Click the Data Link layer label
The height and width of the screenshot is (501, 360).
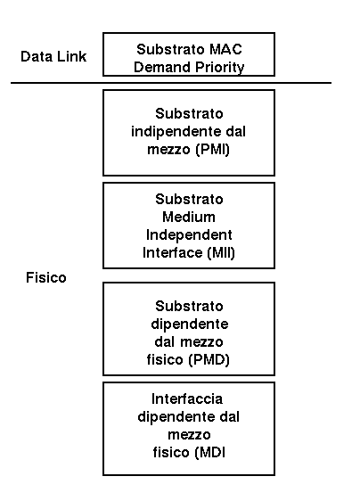[x=53, y=56]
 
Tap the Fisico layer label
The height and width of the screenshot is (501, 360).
[x=46, y=277]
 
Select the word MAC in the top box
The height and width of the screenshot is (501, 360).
[x=225, y=49]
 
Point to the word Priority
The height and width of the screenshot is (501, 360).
[x=220, y=68]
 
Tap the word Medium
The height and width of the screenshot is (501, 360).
[x=189, y=217]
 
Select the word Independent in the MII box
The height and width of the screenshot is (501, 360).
[x=189, y=234]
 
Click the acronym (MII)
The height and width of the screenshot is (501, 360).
[x=221, y=253]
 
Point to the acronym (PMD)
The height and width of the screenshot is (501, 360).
[x=209, y=360]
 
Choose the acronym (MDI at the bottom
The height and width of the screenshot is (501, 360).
[x=210, y=453]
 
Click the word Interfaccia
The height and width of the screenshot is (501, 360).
[x=187, y=398]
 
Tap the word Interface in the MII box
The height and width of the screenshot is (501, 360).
[x=173, y=253]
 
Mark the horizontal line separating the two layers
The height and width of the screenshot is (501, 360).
[x=171, y=83]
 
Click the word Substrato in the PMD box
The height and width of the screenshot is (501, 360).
[x=189, y=306]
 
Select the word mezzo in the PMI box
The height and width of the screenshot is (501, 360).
[x=168, y=150]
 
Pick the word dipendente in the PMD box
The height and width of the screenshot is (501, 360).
[x=190, y=324]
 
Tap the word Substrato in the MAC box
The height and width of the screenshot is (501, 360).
[x=170, y=49]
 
